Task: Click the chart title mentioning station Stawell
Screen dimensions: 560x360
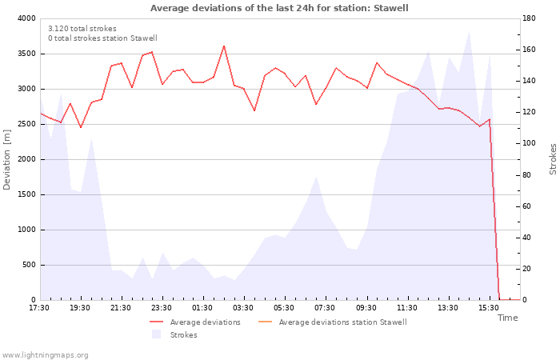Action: click(279, 8)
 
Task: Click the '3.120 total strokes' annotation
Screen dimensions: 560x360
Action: click(82, 29)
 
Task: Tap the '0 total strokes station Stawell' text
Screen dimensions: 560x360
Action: click(103, 38)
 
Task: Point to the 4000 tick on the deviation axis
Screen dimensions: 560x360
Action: click(26, 18)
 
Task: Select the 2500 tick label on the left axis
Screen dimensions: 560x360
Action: click(26, 124)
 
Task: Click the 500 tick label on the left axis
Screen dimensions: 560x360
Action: click(30, 265)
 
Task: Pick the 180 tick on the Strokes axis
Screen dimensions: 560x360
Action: click(529, 18)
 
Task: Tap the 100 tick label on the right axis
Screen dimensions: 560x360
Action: click(529, 143)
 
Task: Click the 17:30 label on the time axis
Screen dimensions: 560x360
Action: click(39, 308)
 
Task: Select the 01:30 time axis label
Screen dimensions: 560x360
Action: click(202, 308)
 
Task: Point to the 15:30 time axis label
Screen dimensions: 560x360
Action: click(489, 308)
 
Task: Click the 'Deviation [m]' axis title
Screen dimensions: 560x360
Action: click(6, 160)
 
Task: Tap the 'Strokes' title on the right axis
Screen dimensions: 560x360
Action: click(553, 159)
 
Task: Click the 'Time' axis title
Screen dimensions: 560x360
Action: click(508, 318)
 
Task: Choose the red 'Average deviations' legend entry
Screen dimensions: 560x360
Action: click(195, 322)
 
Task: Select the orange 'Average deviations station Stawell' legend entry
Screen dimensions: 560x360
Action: click(332, 322)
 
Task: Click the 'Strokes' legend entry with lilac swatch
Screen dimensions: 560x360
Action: click(174, 334)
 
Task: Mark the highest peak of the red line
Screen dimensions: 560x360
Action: click(224, 46)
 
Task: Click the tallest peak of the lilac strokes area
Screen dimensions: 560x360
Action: click(469, 31)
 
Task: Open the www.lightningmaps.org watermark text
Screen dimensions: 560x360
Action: click(45, 355)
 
